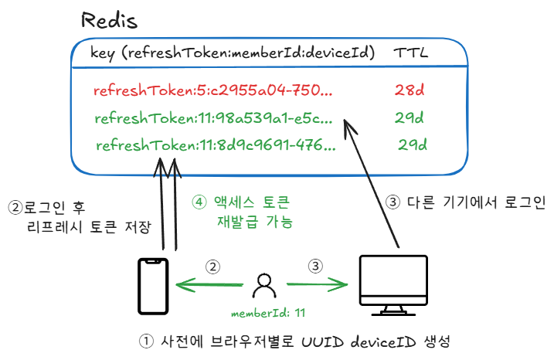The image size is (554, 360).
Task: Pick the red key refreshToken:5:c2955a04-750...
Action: click(212, 91)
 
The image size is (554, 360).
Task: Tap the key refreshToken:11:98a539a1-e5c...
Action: click(213, 119)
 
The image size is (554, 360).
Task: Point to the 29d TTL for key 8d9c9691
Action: click(412, 144)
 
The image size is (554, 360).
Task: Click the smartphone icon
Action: click(152, 286)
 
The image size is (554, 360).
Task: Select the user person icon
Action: click(264, 287)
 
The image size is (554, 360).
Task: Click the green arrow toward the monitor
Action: click(317, 284)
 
